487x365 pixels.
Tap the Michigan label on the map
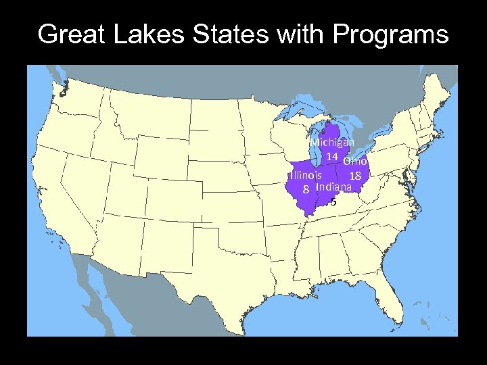[x=332, y=143]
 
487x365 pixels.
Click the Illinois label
[x=305, y=176]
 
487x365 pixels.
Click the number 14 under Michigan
[x=331, y=156]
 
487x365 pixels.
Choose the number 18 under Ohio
[x=356, y=176]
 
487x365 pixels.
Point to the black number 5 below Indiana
[x=333, y=201]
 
